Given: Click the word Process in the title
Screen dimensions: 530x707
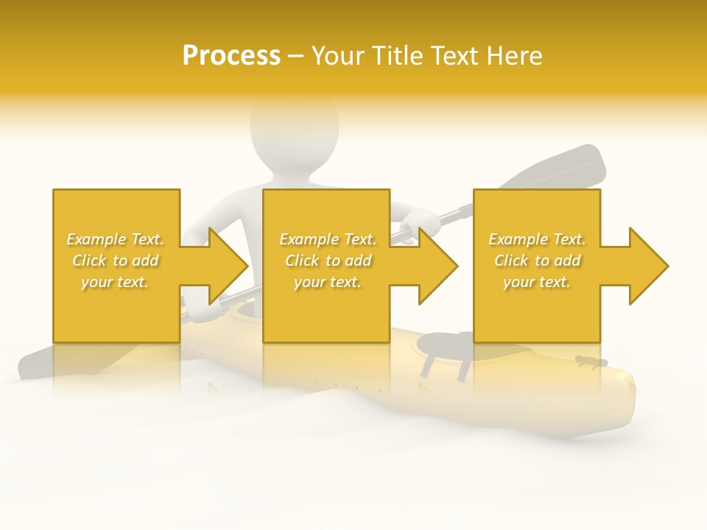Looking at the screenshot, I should (231, 55).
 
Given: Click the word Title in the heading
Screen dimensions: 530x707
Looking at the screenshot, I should (395, 55).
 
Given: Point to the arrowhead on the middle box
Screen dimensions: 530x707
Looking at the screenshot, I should (437, 266).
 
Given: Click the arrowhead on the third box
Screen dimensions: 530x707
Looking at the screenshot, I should (647, 266).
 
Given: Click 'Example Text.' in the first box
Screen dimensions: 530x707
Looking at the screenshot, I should (115, 239).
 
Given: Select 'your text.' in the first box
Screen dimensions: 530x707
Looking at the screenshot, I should (115, 282).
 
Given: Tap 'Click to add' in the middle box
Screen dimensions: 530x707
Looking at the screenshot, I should (328, 261).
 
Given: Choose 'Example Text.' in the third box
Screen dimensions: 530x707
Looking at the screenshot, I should (537, 239).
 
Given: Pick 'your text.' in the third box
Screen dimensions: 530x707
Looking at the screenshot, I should (537, 282).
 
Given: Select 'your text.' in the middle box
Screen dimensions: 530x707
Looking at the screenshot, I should (328, 282).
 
